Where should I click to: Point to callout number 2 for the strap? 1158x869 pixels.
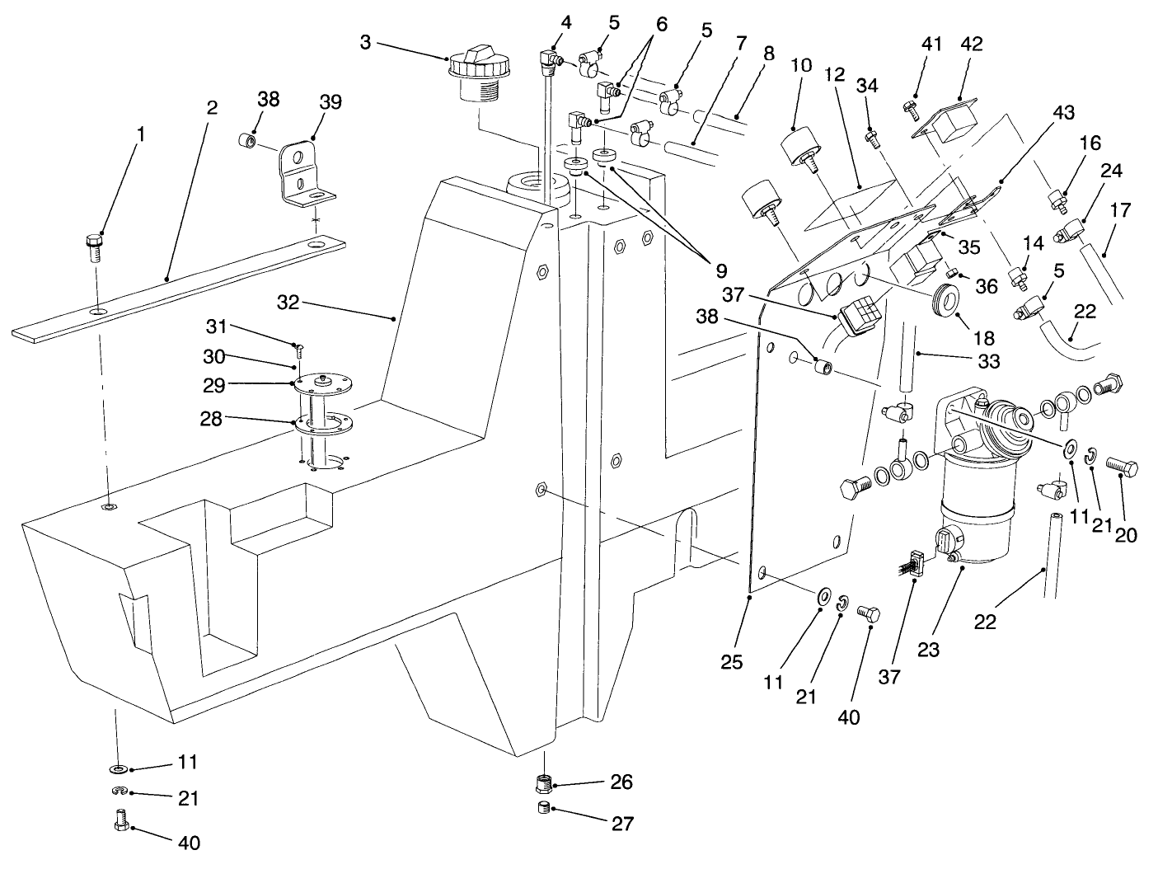pyautogui.click(x=212, y=109)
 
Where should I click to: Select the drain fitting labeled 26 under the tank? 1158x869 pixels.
pyautogui.click(x=545, y=781)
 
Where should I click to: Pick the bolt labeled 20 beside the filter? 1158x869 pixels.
pyautogui.click(x=1122, y=467)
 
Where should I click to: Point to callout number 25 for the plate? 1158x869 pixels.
pyautogui.click(x=732, y=661)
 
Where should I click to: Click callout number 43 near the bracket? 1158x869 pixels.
pyautogui.click(x=1063, y=113)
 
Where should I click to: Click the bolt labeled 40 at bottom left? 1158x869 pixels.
pyautogui.click(x=122, y=820)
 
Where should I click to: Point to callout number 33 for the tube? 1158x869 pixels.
pyautogui.click(x=988, y=360)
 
